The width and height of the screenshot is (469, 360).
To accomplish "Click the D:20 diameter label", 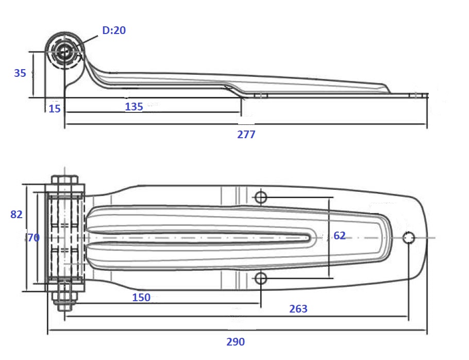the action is [114, 30].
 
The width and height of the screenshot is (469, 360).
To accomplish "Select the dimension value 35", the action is [20, 73].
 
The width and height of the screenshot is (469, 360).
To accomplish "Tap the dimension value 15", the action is [55, 109].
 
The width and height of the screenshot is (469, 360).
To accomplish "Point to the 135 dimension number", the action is [133, 107].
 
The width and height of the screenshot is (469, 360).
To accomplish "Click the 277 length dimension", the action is [246, 135].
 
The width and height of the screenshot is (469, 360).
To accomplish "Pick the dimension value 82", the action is [16, 214].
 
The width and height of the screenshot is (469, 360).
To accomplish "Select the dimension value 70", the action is [33, 238].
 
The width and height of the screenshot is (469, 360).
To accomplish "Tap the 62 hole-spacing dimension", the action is [340, 236].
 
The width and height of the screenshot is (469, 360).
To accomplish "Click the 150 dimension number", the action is [141, 298].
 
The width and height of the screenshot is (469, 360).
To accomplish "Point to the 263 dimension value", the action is [298, 308].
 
